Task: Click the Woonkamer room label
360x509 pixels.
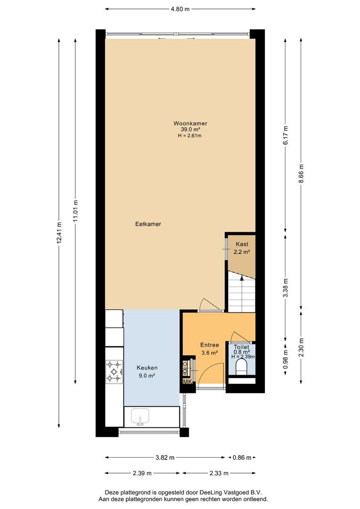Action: click(x=190, y=123)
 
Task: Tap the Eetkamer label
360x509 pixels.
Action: click(x=148, y=224)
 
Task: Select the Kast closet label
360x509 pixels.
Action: click(x=242, y=244)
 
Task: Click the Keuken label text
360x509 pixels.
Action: click(x=147, y=368)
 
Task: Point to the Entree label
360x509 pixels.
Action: click(x=209, y=345)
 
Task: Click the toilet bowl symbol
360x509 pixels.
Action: click(x=242, y=367)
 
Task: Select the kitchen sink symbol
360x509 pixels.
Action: click(x=140, y=417)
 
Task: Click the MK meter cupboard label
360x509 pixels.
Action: click(x=188, y=382)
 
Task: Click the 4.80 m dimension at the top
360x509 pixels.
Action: click(x=180, y=9)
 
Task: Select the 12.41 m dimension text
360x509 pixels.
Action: click(x=59, y=233)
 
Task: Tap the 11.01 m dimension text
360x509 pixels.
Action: click(x=75, y=211)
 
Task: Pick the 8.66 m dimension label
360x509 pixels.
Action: click(x=301, y=173)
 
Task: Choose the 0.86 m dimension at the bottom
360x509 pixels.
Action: click(x=242, y=458)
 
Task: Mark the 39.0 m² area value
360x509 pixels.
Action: click(x=190, y=130)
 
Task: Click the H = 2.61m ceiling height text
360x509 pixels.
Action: click(x=190, y=135)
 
